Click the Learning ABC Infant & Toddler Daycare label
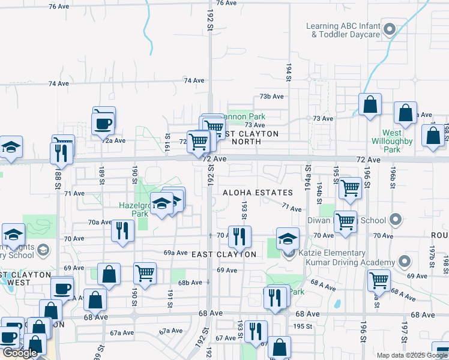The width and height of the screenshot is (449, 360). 343,30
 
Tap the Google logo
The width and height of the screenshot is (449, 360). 20,353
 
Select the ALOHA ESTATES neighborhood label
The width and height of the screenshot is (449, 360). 258,193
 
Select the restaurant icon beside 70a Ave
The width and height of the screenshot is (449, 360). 122,230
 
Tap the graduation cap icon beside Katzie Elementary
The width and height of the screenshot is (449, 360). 288,238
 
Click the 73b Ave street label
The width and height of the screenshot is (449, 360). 271,96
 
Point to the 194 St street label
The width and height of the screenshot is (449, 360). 288,72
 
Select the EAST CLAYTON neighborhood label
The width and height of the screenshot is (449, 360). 224,254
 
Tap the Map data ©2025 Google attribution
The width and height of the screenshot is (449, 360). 412,355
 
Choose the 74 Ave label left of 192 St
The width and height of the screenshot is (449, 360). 194,80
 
